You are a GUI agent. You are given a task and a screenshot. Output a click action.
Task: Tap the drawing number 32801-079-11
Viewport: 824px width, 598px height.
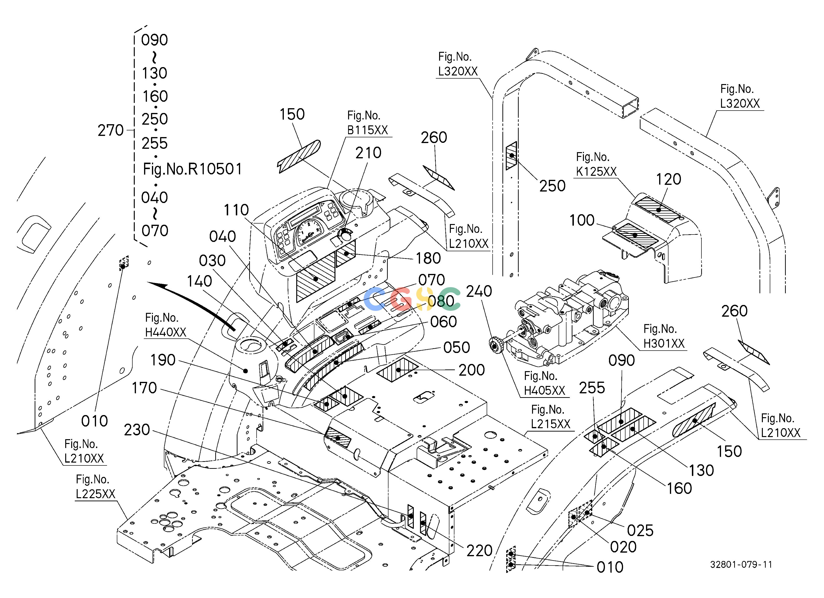pyautogui.click(x=741, y=564)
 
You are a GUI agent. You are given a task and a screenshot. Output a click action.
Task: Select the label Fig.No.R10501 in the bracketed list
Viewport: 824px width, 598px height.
pyautogui.click(x=193, y=169)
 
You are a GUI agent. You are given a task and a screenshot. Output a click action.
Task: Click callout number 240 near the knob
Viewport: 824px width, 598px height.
pyautogui.click(x=479, y=291)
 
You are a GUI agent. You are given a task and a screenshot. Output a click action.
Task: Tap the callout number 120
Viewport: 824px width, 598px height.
pyautogui.click(x=668, y=179)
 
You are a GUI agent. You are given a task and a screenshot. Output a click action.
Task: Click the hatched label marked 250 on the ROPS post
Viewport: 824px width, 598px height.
pyautogui.click(x=512, y=155)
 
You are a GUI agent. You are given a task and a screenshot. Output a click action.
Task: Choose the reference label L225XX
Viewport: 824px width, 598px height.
pyautogui.click(x=96, y=494)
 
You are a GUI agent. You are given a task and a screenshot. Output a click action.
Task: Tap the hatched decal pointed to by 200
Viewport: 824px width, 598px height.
pyautogui.click(x=398, y=370)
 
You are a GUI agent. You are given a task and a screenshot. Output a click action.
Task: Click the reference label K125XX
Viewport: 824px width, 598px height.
pyautogui.click(x=596, y=171)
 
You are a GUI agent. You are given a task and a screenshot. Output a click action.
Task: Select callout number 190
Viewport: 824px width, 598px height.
pyautogui.click(x=163, y=360)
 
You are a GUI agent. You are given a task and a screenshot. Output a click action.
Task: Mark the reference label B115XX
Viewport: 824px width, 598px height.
pyautogui.click(x=368, y=130)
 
